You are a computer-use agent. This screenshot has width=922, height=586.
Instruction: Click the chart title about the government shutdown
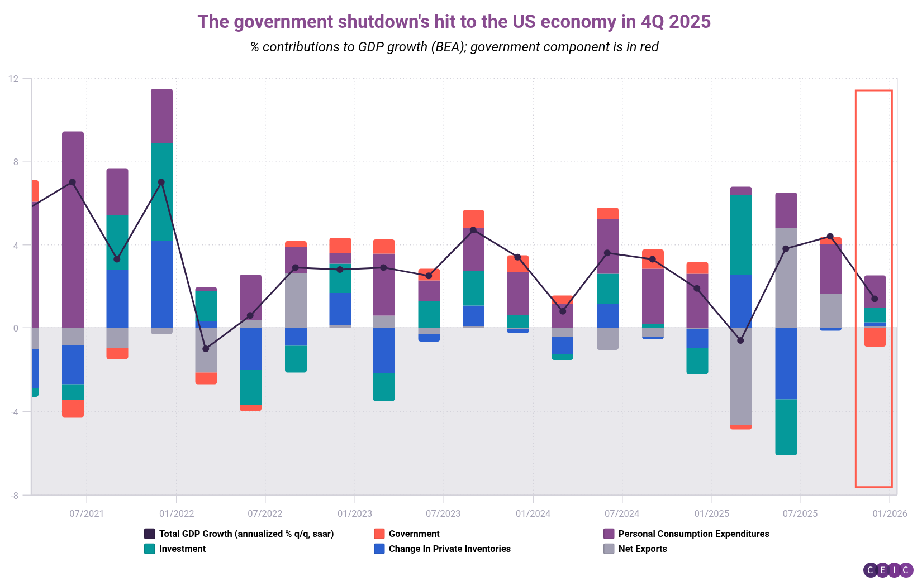coord(454,22)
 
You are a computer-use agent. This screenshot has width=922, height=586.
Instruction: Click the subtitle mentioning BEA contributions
coord(454,47)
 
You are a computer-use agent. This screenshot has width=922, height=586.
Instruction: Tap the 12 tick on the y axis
coord(13,79)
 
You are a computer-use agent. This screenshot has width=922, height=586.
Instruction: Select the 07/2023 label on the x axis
coord(443,513)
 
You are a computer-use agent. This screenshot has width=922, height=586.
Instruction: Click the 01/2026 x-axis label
coord(890,513)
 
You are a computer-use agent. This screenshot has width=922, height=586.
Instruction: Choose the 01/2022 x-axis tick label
coord(176,513)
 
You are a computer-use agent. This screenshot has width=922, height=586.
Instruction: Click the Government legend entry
coord(414,534)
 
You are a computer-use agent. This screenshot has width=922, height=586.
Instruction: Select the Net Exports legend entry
coord(642,549)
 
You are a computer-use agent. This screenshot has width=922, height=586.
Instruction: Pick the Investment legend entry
coord(182,549)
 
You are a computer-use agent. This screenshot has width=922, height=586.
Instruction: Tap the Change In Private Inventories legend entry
coord(449,549)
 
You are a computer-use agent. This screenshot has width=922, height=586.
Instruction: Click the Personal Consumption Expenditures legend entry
coord(693,534)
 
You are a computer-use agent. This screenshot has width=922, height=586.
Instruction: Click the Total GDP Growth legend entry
coord(246,534)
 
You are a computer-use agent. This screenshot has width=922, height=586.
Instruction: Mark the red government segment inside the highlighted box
coord(875,337)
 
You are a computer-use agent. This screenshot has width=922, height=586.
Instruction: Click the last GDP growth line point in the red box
coord(875,299)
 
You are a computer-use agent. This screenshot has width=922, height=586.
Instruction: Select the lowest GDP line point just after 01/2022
coord(206,349)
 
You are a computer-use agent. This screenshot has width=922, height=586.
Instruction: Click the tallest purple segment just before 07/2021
coord(73,229)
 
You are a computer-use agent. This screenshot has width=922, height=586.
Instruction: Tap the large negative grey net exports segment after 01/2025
coord(740,377)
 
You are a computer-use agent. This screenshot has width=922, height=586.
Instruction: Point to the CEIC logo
coord(888,570)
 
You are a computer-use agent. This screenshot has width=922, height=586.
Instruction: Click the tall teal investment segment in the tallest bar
coord(161,192)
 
